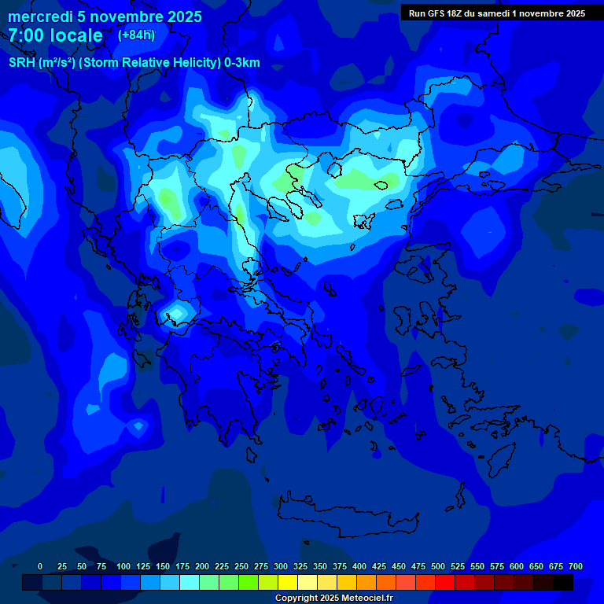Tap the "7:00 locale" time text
pos(55,35)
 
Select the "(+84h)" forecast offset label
pos(136,35)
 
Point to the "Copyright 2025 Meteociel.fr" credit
pos(333,598)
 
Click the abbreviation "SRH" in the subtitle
pos(23,63)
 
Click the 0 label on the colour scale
pos(40,566)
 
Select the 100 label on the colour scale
pos(123,566)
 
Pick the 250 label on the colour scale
pos(241,566)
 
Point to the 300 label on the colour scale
pos(281,566)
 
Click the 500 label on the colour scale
pos(438,566)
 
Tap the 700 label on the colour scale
pos(576,566)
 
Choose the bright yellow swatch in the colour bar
pos(288,582)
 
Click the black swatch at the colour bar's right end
pos(563,582)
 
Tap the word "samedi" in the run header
pos(488,13)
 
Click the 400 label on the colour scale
pos(359,566)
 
